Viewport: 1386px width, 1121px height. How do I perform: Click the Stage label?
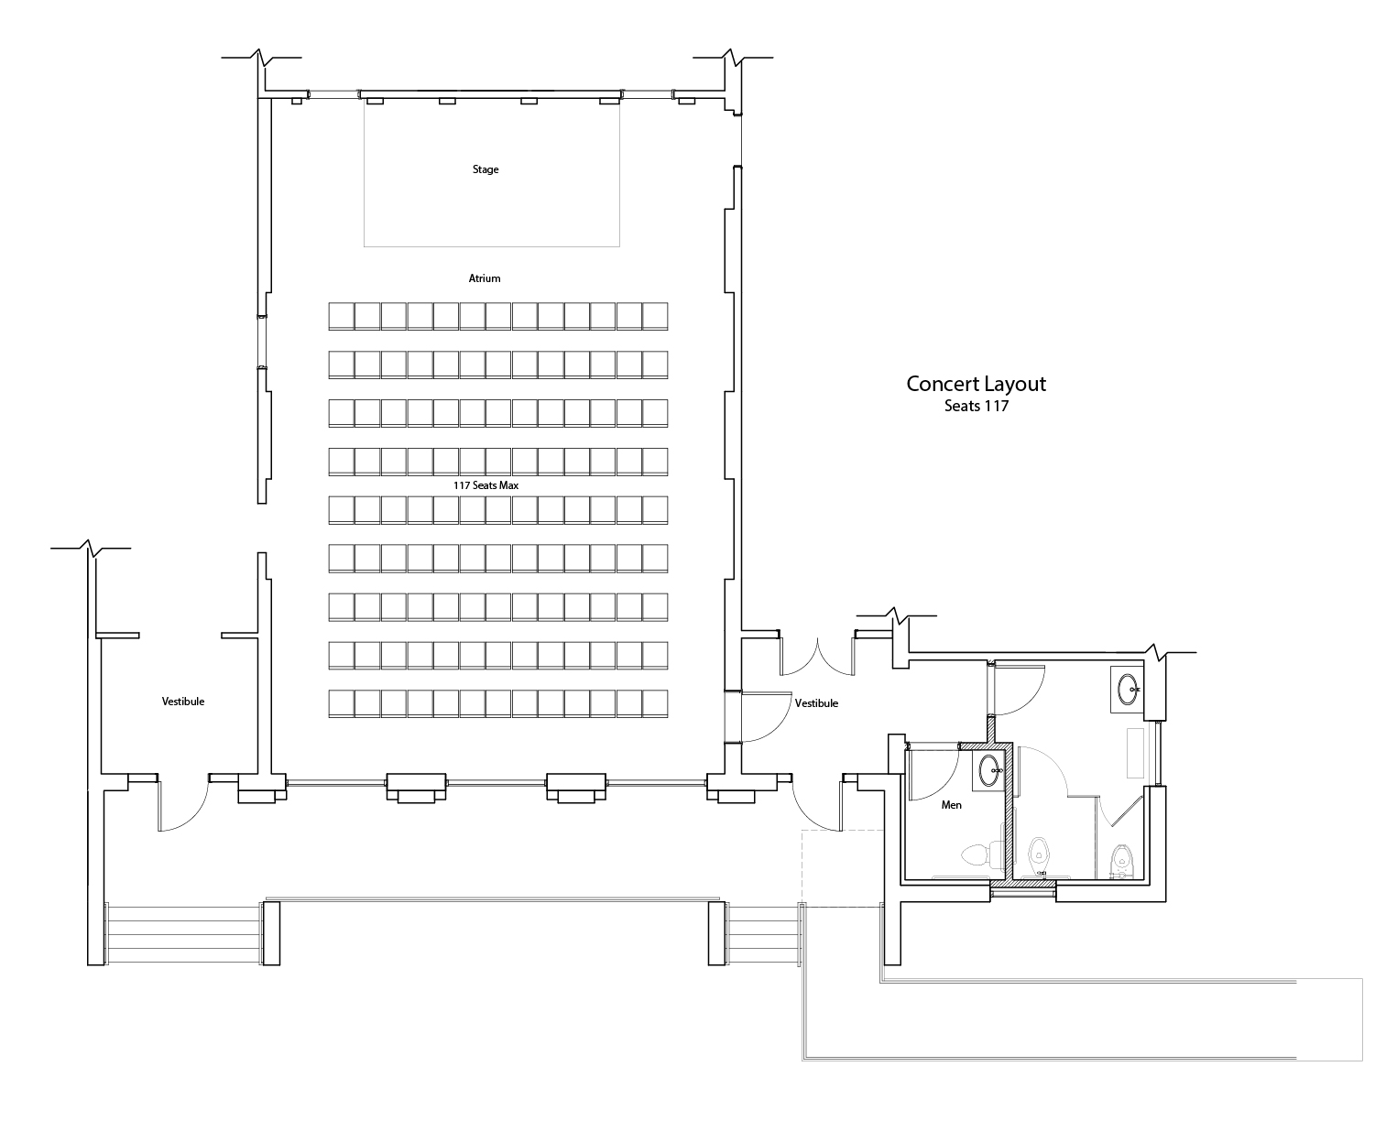pos(485,169)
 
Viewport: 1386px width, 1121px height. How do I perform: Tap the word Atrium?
pos(484,278)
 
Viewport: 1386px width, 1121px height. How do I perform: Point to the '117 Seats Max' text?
pos(486,484)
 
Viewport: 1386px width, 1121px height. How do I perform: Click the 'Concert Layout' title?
pos(976,384)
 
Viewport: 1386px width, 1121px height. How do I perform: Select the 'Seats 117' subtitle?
pos(976,406)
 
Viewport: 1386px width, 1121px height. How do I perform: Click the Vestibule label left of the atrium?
pos(183,701)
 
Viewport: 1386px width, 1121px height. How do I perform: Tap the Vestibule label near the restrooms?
pos(816,702)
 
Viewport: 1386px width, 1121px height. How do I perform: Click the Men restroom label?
pos(951,805)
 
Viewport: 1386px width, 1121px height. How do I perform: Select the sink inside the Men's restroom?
pos(988,770)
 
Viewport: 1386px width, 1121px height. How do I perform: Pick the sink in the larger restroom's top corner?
pos(1128,689)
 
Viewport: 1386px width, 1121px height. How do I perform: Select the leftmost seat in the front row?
pos(341,316)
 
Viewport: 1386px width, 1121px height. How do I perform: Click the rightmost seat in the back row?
pos(655,703)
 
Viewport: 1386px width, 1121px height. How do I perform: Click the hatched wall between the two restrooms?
pos(1009,813)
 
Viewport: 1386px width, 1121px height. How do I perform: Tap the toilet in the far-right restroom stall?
pos(1121,860)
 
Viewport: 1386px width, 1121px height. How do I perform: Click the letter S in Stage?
pos(475,169)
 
